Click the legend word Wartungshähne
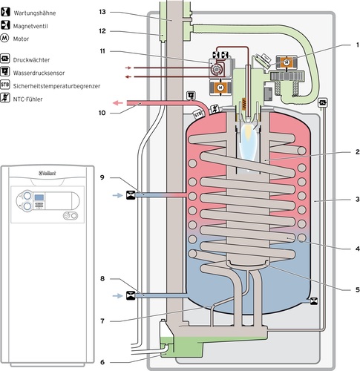(x=35, y=13)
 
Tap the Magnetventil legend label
(x=30, y=26)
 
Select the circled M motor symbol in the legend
(x=5, y=39)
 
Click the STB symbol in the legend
(x=5, y=85)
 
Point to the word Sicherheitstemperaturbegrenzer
(x=56, y=86)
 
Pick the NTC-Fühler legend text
(x=27, y=99)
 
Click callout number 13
(x=102, y=12)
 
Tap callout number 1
(x=357, y=45)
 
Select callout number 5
(x=357, y=289)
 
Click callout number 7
(x=102, y=321)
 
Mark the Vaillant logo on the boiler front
(x=48, y=173)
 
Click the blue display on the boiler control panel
(x=39, y=197)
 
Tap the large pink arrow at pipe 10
(x=118, y=102)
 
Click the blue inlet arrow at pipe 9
(x=117, y=195)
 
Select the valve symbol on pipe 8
(x=131, y=295)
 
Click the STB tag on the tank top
(x=197, y=115)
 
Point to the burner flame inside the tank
(x=247, y=143)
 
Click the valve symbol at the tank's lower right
(x=314, y=301)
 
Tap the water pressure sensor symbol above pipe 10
(x=191, y=95)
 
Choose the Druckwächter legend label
(x=31, y=60)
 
